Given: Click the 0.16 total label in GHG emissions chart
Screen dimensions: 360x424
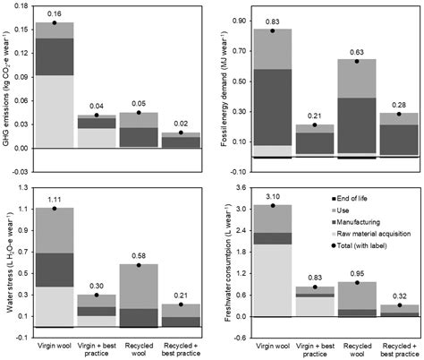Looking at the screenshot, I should click(x=55, y=14).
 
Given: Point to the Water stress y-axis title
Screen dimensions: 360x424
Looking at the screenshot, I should click(x=7, y=256).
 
